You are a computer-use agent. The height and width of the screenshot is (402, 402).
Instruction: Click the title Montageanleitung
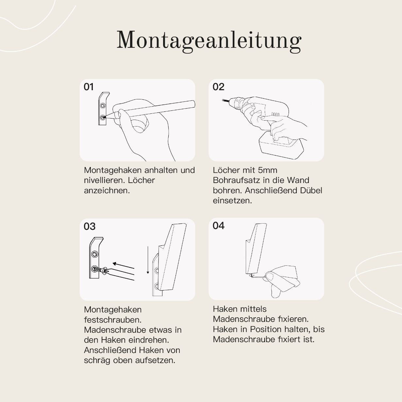point(209,41)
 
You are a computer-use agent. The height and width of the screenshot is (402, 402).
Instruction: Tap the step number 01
point(89,87)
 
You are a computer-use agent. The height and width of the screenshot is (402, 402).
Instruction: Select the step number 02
point(218,87)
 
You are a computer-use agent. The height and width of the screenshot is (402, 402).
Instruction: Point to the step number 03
point(90,226)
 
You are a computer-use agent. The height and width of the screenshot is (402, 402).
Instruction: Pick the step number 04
point(218,226)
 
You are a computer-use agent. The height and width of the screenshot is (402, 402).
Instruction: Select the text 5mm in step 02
point(267,170)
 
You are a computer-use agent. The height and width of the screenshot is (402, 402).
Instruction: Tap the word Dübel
point(311,191)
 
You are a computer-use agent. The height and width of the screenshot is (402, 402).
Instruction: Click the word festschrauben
point(112,320)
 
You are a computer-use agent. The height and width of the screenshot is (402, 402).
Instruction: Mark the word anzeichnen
point(107,191)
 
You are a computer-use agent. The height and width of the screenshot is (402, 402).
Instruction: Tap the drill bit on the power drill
point(225,101)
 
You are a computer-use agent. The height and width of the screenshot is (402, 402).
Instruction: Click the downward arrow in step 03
point(148,261)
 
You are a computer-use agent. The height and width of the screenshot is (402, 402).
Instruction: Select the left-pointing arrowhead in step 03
point(114,263)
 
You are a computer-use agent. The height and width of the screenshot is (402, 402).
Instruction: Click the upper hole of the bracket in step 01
point(103,106)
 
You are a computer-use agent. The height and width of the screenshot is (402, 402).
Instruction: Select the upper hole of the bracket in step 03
point(95,254)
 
